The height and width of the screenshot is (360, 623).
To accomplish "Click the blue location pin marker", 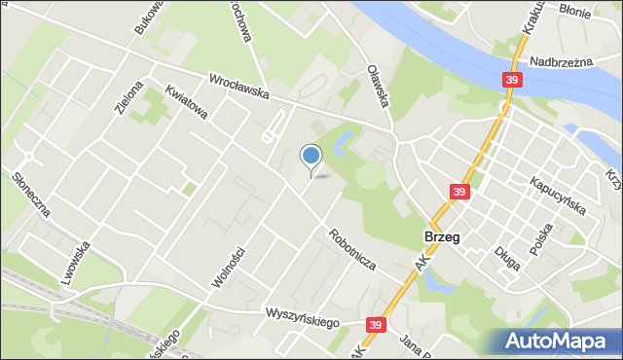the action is pos(311,156).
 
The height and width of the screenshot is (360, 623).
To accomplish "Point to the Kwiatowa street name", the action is pos(186,101).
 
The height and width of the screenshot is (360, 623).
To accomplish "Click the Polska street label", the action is pos(540,236).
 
